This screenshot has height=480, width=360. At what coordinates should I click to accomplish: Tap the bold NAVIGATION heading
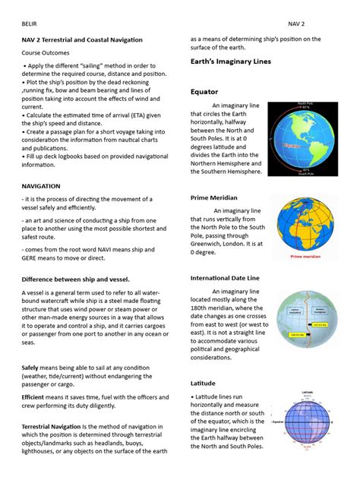pos(47,185)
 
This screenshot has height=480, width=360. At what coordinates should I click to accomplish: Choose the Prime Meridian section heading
pos(219,198)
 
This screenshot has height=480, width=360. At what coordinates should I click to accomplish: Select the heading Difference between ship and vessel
pos(76,279)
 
